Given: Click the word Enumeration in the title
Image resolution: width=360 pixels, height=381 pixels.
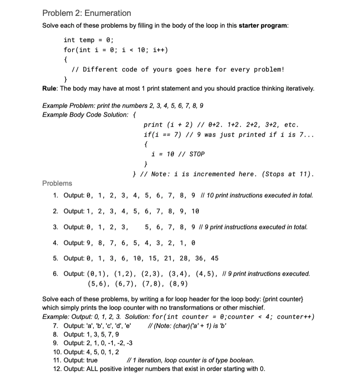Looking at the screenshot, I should point(108,13).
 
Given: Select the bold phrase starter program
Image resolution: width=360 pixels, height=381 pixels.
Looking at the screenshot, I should point(263,25).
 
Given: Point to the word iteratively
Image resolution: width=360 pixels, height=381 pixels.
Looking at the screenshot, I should point(298,89).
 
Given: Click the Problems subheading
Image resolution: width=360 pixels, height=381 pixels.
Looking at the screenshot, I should point(57,183).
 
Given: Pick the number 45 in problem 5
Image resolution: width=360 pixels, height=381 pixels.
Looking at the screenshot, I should point(214,258).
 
